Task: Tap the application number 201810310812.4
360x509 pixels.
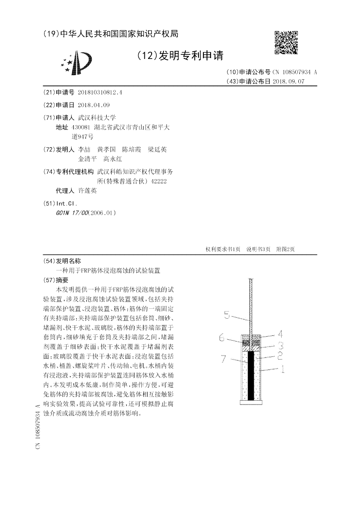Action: pyautogui.click(x=100, y=92)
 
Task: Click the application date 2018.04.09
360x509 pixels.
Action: pyautogui.click(x=94, y=105)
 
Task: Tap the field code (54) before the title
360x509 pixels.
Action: pyautogui.click(x=48, y=261)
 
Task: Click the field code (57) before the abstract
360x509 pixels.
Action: pyautogui.click(x=48, y=279)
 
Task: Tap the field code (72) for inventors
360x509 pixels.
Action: pyautogui.click(x=48, y=149)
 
